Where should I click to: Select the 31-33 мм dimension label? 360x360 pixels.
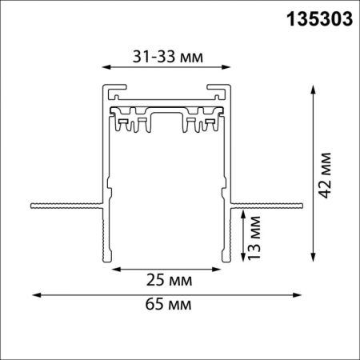[166, 57]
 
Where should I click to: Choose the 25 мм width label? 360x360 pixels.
[166, 281]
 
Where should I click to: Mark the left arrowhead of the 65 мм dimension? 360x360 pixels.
[34, 295]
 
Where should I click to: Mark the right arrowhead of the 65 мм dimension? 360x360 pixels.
[302, 295]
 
